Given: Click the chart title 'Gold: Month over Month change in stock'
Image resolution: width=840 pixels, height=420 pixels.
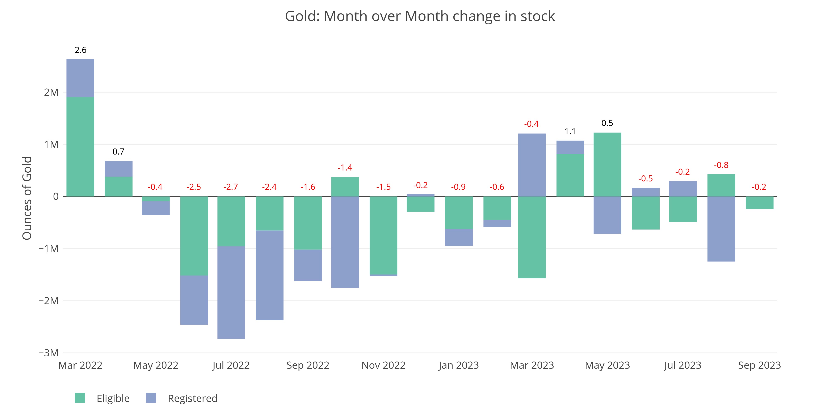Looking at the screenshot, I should tap(420, 16).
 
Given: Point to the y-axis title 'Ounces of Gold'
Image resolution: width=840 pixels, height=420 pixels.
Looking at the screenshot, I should tap(27, 198).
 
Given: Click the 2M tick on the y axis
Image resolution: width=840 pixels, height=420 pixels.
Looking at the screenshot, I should tap(51, 93).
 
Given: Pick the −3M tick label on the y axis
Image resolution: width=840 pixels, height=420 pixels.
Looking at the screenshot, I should tap(49, 353).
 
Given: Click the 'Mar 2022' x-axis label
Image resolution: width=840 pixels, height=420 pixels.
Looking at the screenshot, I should tap(80, 365).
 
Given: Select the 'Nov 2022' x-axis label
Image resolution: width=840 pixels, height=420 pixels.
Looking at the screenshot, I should tap(383, 365).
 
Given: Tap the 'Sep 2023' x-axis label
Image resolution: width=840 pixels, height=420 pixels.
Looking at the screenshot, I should tap(759, 365).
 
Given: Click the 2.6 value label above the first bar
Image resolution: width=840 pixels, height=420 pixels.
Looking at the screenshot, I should tap(81, 50).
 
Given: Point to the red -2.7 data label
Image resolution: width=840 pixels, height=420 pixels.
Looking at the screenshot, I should tap(231, 187).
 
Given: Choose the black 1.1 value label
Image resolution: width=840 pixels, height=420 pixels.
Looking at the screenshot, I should tap(570, 132).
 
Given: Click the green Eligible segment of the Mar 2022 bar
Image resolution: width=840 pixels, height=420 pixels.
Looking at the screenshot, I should tap(80, 147).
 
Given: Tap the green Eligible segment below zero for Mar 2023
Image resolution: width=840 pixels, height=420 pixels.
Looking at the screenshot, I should tap(532, 237).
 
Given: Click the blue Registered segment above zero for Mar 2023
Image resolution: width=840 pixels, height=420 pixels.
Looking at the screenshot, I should tap(532, 165).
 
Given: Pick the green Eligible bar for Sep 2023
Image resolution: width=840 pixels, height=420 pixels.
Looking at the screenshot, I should tap(759, 203).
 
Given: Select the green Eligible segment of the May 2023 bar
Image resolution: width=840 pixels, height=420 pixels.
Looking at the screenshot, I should tap(607, 165).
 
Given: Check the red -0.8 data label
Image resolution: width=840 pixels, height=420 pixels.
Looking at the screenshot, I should tap(721, 165).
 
